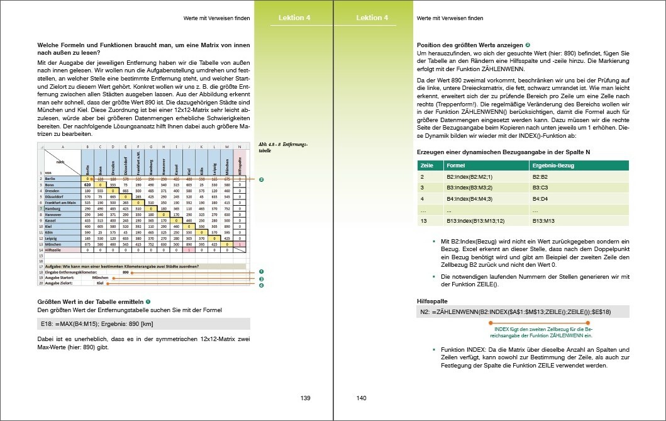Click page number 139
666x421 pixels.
pyautogui.click(x=306, y=398)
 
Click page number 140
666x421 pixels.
pyautogui.click(x=361, y=398)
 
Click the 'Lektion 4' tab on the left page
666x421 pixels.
pyautogui.click(x=294, y=18)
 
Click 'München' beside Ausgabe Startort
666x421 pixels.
pyautogui.click(x=101, y=278)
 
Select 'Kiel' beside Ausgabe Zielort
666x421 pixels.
pyautogui.click(x=99, y=283)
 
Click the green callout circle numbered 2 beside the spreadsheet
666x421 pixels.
pyautogui.click(x=261, y=179)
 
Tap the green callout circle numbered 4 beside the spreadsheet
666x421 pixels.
pyautogui.click(x=261, y=285)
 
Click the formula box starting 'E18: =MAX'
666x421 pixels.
pyautogui.click(x=144, y=324)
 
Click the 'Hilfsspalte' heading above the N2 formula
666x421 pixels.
pyautogui.click(x=432, y=301)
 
